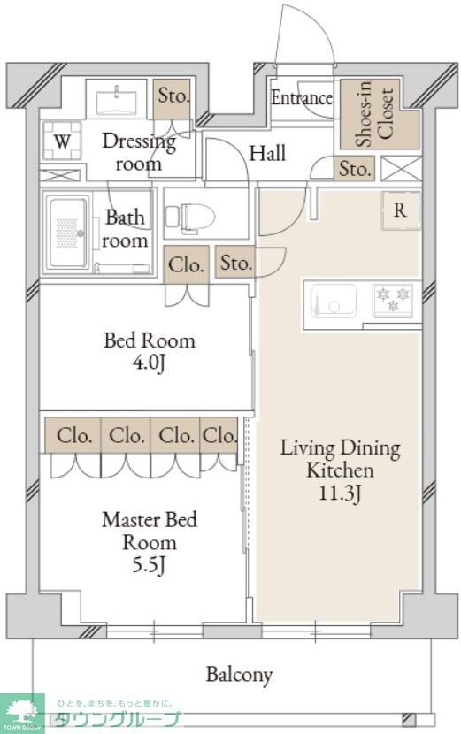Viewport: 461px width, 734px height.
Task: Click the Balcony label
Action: (x=239, y=675)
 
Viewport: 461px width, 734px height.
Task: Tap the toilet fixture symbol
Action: (x=189, y=218)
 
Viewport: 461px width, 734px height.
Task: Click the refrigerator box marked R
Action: (x=401, y=210)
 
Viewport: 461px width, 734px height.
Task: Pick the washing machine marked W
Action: (x=62, y=141)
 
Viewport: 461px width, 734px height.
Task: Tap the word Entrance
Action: (x=302, y=98)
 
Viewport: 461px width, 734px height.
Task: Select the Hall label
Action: (x=267, y=153)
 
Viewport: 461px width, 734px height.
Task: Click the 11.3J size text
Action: (x=340, y=493)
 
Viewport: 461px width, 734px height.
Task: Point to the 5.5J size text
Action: (x=149, y=565)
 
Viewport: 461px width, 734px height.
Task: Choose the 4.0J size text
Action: (x=149, y=363)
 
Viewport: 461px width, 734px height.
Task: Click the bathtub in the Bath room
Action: (x=68, y=233)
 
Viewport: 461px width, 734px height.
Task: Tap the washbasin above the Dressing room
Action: (x=116, y=100)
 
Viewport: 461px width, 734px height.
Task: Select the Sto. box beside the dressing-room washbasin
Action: (x=172, y=99)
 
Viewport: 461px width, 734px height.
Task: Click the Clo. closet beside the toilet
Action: (x=186, y=265)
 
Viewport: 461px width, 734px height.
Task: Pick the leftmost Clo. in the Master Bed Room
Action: (x=73, y=435)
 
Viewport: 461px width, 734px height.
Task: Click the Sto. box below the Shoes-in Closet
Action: (x=355, y=169)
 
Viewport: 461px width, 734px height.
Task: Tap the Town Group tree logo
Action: (x=21, y=714)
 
